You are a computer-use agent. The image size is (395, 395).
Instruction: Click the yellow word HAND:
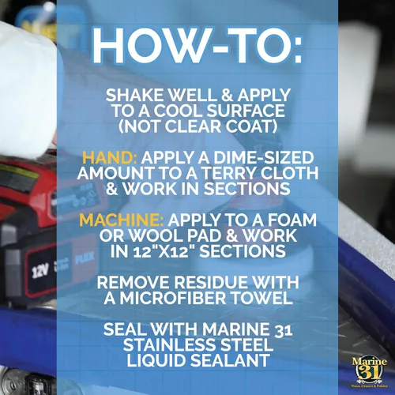coord(110,158)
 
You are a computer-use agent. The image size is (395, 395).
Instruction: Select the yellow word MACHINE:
coord(122,220)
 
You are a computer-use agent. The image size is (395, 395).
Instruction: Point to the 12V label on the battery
coord(40,271)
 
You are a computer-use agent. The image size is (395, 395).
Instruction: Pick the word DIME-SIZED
coord(264,158)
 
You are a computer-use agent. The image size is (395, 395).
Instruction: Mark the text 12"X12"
coord(163,251)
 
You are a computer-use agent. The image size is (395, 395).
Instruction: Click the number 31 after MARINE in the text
coord(283,329)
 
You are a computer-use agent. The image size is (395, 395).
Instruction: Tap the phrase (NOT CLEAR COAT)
coord(197,126)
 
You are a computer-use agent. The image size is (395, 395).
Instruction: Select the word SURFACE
coord(246,111)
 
